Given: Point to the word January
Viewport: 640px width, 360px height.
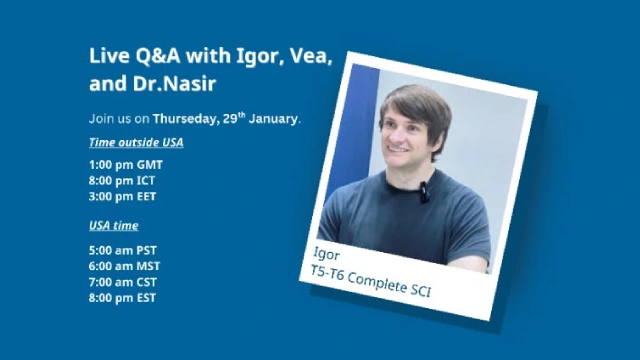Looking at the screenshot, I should click(x=273, y=119).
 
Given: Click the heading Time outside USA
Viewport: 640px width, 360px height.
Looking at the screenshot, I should click(x=136, y=142).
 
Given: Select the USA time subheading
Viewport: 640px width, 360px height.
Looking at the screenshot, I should click(x=114, y=225).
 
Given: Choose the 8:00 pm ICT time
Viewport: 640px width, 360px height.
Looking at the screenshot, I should click(x=122, y=180).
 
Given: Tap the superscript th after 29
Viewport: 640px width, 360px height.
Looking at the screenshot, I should click(x=241, y=115).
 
